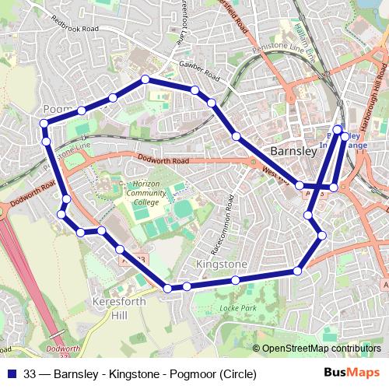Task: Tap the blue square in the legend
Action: pos(12,373)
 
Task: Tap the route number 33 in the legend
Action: pos(30,373)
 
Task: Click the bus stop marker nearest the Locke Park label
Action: pos(235,280)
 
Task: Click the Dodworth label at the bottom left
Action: pos(59,348)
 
